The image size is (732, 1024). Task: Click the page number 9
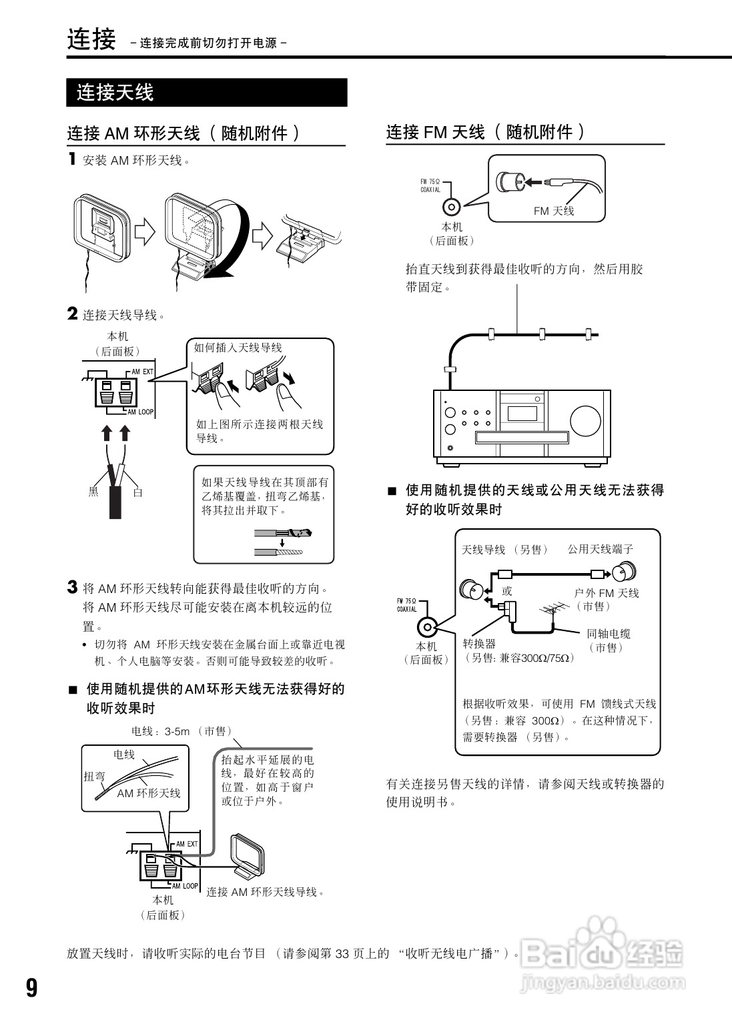[32, 987]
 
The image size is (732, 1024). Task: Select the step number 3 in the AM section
[72, 587]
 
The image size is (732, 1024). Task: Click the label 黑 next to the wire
[93, 492]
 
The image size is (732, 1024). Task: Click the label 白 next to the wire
[137, 492]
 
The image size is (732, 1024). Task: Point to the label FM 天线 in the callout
[553, 211]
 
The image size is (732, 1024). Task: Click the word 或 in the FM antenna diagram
[506, 590]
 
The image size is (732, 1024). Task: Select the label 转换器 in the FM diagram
[479, 644]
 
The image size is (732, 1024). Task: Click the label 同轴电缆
[608, 634]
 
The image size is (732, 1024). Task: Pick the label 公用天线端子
[600, 549]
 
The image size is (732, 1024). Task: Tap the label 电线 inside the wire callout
[124, 754]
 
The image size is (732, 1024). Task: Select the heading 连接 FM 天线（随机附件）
[486, 132]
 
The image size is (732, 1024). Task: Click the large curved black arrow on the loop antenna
[234, 247]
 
